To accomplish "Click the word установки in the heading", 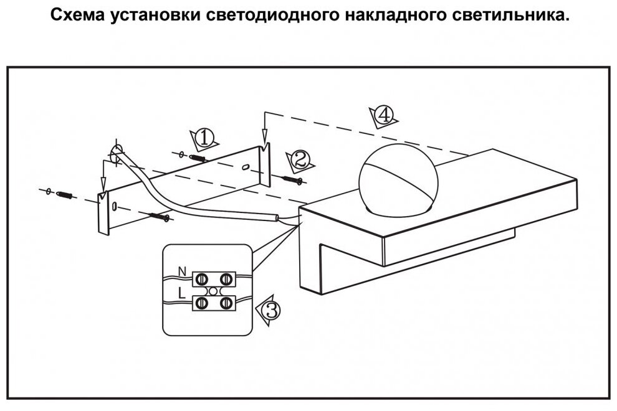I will click(x=153, y=16).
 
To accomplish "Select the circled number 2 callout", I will click(x=301, y=159).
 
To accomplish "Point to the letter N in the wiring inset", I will click(x=182, y=272).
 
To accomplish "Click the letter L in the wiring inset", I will click(x=181, y=291).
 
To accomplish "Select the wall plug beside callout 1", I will click(x=197, y=158).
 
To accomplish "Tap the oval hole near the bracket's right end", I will click(x=246, y=166).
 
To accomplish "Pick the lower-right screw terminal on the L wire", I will click(x=226, y=303).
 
